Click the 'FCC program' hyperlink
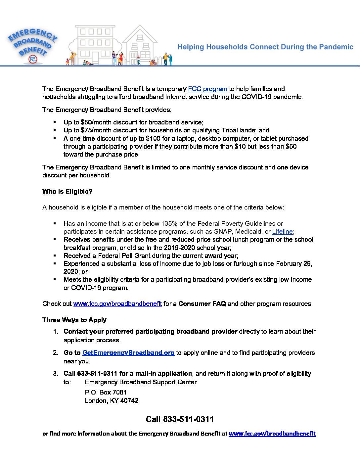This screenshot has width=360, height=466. point(207,89)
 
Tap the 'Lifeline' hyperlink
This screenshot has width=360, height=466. point(282,232)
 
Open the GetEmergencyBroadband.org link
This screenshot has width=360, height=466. point(128,353)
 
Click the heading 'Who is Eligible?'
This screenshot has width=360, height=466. point(67,192)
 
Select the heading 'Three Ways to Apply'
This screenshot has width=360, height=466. point(74,320)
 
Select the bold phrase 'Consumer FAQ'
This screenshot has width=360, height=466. point(202,304)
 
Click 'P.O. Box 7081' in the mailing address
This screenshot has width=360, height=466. point(106,393)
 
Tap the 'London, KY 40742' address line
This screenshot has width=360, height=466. point(112,401)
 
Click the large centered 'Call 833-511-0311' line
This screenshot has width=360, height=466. point(180,419)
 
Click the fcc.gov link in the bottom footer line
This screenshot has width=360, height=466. point(272,434)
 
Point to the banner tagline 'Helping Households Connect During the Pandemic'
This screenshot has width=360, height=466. point(265,47)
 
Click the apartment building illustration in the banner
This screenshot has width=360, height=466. point(95,45)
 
